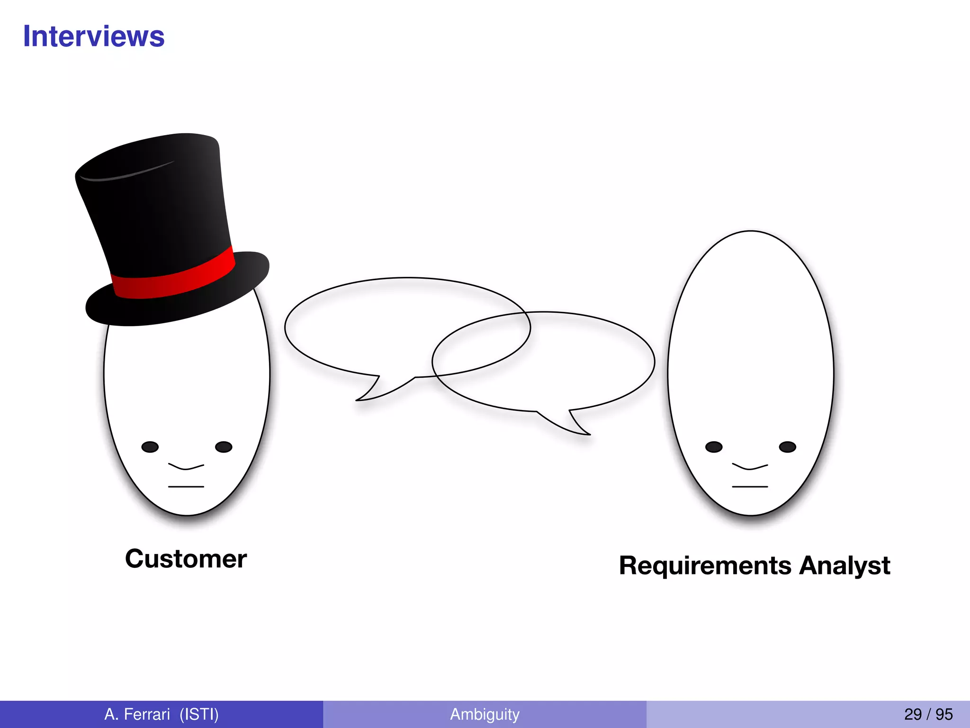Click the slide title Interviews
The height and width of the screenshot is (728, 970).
tap(94, 36)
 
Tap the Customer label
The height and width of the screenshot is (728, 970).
tap(186, 559)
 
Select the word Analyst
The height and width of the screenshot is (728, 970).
tap(845, 566)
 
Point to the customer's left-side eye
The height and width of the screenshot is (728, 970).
tap(150, 447)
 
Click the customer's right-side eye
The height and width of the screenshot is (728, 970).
tap(224, 447)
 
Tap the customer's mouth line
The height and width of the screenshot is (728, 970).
tap(186, 487)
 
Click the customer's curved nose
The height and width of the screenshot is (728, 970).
tap(186, 467)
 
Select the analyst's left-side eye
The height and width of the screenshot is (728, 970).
tap(714, 447)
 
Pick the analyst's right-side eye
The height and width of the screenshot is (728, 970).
tap(787, 447)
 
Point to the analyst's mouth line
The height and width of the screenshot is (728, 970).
tap(750, 487)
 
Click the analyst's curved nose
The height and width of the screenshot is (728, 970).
tap(750, 467)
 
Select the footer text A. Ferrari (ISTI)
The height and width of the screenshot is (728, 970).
tap(162, 714)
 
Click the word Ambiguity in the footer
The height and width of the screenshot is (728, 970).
tap(485, 714)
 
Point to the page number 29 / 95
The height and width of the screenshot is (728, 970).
tap(928, 714)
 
